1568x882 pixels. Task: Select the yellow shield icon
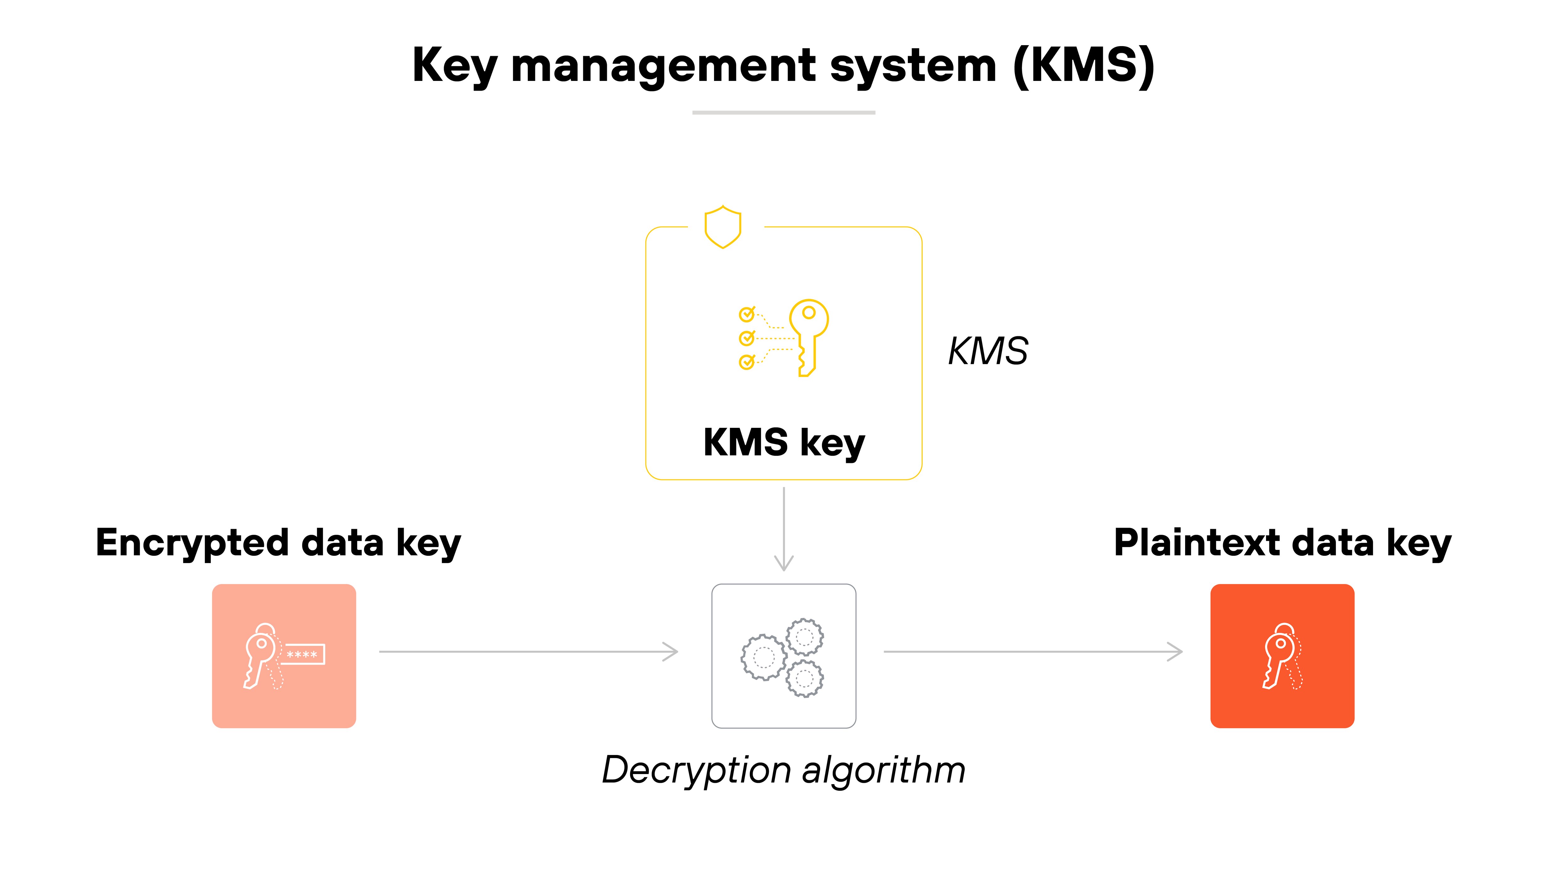click(x=723, y=227)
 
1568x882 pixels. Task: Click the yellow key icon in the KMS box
click(x=808, y=337)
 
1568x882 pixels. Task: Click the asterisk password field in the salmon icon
click(x=303, y=654)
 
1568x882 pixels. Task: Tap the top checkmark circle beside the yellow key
click(x=746, y=314)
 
